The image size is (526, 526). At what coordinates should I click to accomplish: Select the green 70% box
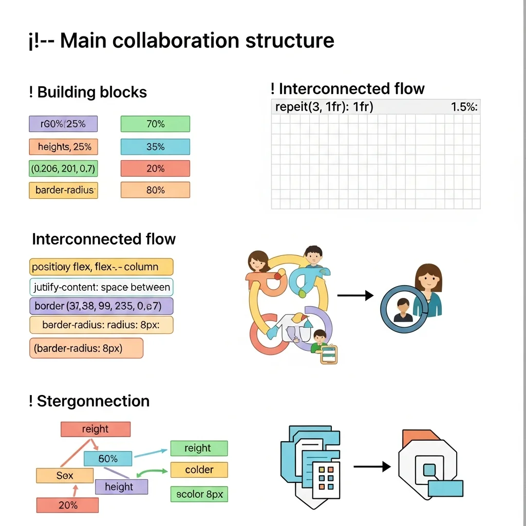click(x=155, y=124)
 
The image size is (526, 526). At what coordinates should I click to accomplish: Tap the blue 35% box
click(x=155, y=147)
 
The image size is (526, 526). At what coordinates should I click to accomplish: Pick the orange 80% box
click(x=155, y=190)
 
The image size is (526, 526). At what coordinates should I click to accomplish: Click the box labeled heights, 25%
click(x=63, y=147)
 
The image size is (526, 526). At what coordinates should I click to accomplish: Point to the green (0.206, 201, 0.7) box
click(x=63, y=168)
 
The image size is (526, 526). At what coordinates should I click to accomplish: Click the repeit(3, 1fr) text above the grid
click(x=324, y=107)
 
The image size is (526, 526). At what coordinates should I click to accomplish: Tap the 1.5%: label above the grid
click(x=464, y=107)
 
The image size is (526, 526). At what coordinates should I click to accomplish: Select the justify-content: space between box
click(x=101, y=287)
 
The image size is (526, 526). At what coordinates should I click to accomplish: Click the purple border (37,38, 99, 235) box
click(x=101, y=306)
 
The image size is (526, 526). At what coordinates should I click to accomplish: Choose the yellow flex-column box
click(x=101, y=267)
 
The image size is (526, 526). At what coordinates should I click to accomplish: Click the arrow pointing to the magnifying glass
click(x=355, y=295)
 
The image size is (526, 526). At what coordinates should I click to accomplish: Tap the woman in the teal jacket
click(x=428, y=290)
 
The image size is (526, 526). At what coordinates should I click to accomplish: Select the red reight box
click(x=96, y=429)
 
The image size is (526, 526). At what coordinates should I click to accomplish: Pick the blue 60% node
click(x=108, y=458)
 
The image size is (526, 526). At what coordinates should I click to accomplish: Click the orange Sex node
click(x=65, y=476)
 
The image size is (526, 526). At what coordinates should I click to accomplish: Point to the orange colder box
click(x=199, y=469)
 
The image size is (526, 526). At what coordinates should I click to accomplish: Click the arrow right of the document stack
click(x=372, y=466)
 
